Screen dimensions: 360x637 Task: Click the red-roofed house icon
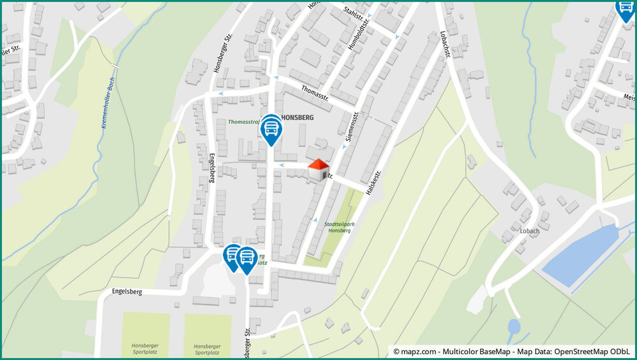318,169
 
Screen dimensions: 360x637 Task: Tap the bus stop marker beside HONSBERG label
271,129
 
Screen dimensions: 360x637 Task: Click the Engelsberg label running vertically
212,168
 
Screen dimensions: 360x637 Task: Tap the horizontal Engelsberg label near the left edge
126,291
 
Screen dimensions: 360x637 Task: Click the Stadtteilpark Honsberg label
337,227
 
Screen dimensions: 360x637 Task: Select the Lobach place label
529,231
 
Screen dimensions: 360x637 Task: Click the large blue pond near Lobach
580,252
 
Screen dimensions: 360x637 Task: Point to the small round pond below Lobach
513,328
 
